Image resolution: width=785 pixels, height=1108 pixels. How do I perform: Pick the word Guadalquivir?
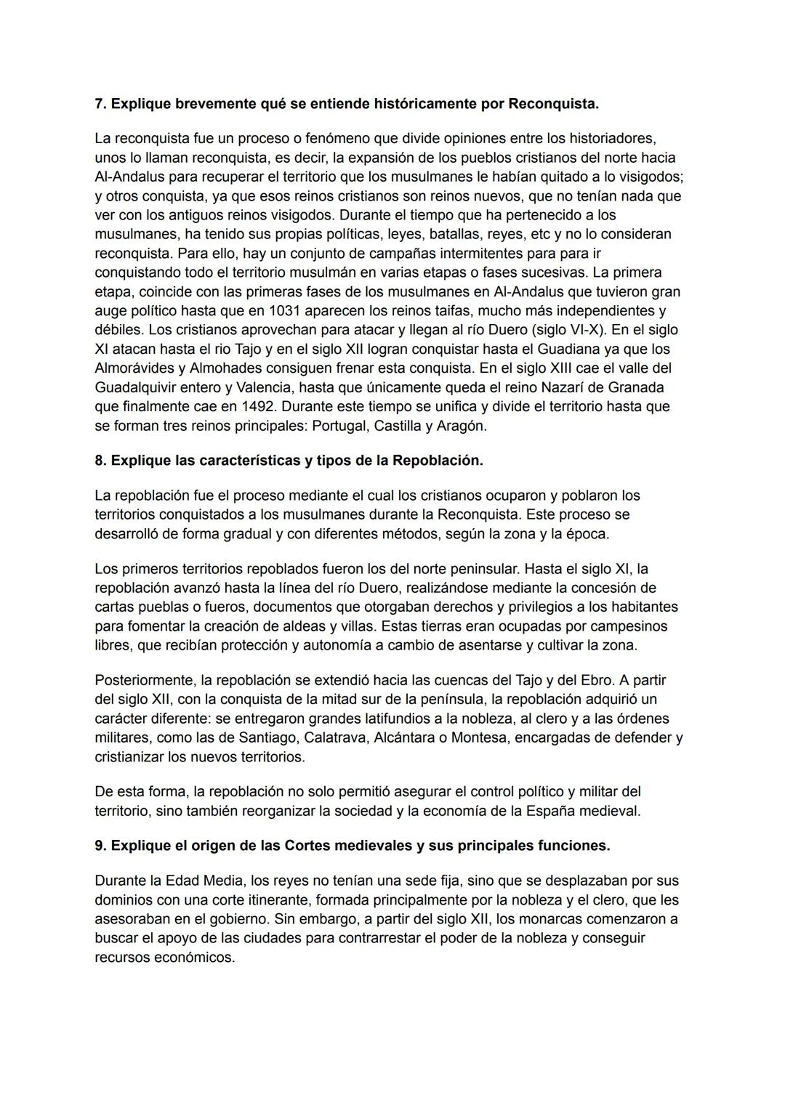pos(137,388)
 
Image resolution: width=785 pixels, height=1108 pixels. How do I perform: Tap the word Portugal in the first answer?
pos(339,426)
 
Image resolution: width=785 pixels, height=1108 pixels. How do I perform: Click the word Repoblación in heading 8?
pos(438,461)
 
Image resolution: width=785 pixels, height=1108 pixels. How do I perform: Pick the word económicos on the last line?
pos(194,958)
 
